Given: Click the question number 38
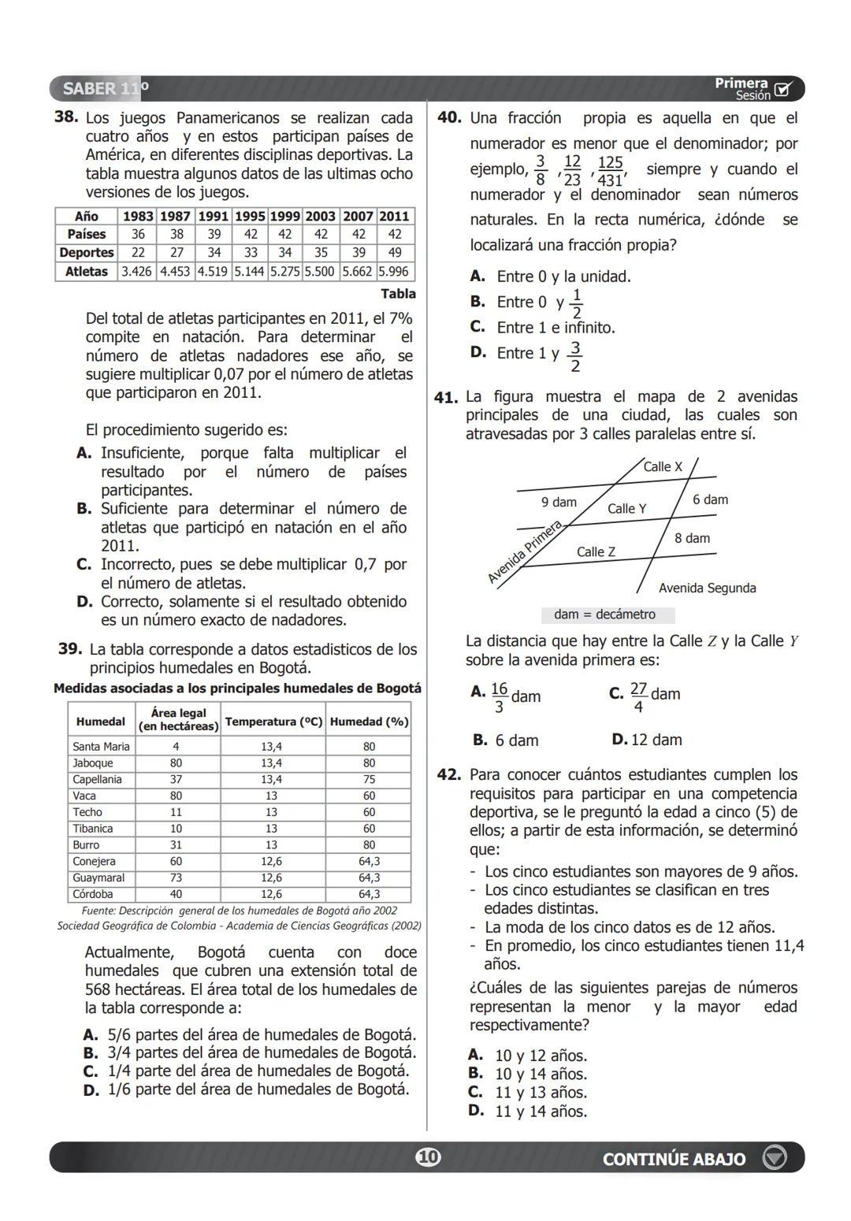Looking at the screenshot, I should point(65,117).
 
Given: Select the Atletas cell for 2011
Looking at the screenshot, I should point(395,272).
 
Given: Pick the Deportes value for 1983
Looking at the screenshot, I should point(138,253).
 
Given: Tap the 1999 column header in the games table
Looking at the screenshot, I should point(284,216).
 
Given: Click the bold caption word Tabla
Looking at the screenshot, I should point(398,294).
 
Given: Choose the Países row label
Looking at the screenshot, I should point(87,234).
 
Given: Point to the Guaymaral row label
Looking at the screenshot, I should point(98,878).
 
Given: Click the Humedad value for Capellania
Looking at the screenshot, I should point(369,779).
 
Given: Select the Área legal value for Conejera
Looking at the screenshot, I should point(176,861).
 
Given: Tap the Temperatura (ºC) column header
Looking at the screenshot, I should point(273,722).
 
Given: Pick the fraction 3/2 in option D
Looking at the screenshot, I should point(575,357).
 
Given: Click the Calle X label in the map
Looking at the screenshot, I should point(663,466).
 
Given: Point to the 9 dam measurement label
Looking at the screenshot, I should point(559,502).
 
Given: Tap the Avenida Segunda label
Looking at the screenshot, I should point(707,588).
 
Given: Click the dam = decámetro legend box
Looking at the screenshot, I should point(608,614).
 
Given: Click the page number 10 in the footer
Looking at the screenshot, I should point(427,1157).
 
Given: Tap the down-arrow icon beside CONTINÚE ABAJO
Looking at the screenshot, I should point(775,1158).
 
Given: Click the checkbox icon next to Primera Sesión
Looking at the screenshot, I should point(782,89).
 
